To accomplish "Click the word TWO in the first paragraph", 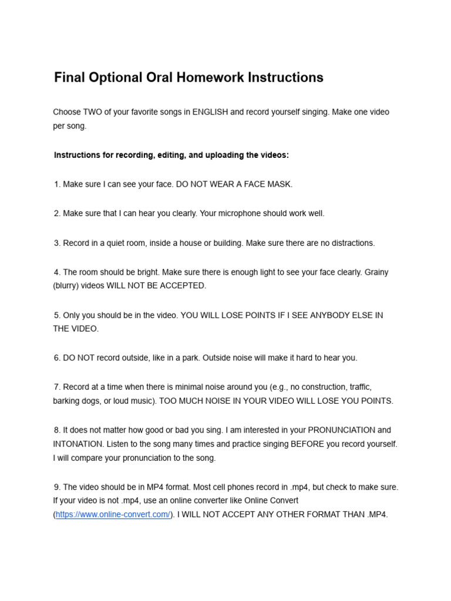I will click(91, 112).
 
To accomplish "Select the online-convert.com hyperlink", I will click(113, 515).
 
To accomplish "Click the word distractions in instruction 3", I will click(350, 243).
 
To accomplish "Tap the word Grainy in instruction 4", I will click(376, 272).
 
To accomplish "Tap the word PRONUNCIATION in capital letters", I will click(341, 430).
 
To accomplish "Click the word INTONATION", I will click(80, 444).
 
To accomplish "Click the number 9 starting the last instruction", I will click(56, 487).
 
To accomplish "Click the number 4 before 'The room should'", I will click(56, 272).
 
